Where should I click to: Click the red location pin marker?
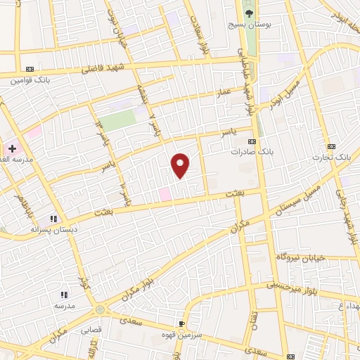(x=181, y=164)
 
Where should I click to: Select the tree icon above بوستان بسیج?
(x=248, y=11)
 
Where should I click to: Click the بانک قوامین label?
(x=27, y=80)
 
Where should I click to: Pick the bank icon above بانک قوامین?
(x=28, y=69)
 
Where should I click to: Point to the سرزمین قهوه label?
(x=181, y=335)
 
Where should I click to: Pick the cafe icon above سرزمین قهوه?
(x=183, y=324)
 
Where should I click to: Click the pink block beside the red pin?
(x=165, y=193)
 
